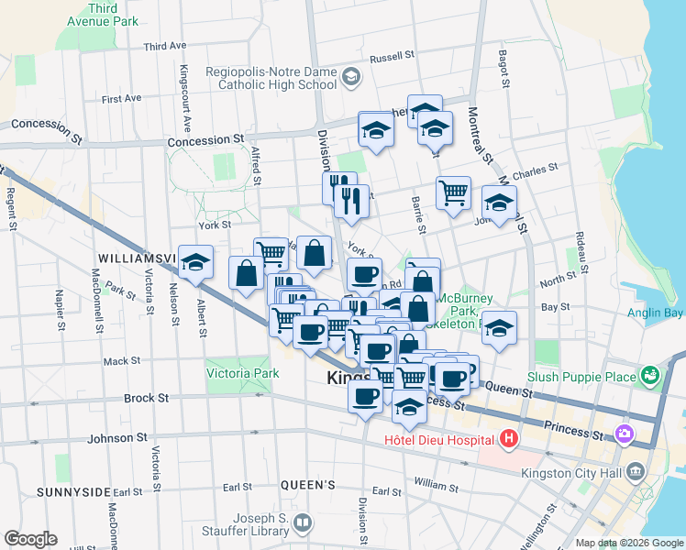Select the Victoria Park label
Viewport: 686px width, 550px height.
click(242, 374)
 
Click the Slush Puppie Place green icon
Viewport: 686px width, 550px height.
click(650, 375)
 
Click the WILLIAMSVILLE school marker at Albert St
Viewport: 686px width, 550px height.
click(196, 262)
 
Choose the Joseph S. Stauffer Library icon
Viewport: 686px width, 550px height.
click(303, 522)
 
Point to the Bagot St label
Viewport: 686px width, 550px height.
click(504, 69)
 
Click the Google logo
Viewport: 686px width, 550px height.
click(31, 538)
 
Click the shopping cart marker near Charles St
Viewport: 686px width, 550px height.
click(453, 192)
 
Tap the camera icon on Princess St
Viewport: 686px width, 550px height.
click(625, 433)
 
